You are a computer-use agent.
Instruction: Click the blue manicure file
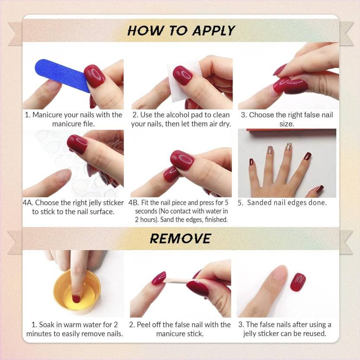(x=61, y=74)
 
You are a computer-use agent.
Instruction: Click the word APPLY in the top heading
(x=214, y=31)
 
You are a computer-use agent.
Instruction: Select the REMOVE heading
(x=180, y=238)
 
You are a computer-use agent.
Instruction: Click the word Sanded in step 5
(x=259, y=202)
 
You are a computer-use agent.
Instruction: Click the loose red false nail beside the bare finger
(x=298, y=282)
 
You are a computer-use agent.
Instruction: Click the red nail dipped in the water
(x=76, y=299)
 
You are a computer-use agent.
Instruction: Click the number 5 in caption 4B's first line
(x=226, y=202)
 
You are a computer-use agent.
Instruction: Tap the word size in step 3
(x=286, y=124)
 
